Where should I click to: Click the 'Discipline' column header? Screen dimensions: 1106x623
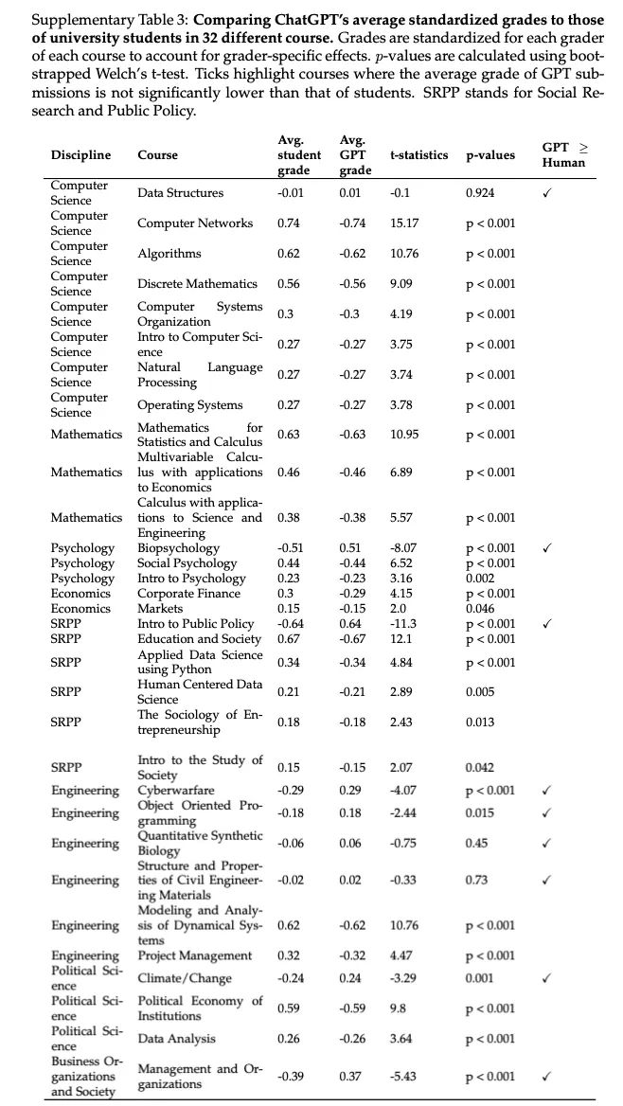80,155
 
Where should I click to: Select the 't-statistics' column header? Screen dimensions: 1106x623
419,155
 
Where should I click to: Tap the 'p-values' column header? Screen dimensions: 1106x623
490,155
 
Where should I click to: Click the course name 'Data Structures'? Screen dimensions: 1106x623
181,193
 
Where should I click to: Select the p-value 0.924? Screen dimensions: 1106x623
481,193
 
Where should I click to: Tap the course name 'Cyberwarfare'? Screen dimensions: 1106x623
176,790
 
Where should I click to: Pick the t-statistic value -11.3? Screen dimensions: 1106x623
403,624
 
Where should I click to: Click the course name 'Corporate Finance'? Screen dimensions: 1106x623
189,594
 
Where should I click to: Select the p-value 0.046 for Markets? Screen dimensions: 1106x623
481,609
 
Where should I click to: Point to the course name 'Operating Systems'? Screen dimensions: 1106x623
190,405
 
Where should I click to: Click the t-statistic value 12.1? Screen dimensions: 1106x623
400,639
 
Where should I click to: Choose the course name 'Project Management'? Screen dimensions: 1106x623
195,955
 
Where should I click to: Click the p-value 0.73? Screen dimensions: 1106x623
477,881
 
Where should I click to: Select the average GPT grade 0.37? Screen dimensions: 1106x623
349,1076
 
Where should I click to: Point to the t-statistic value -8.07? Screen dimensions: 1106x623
404,548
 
